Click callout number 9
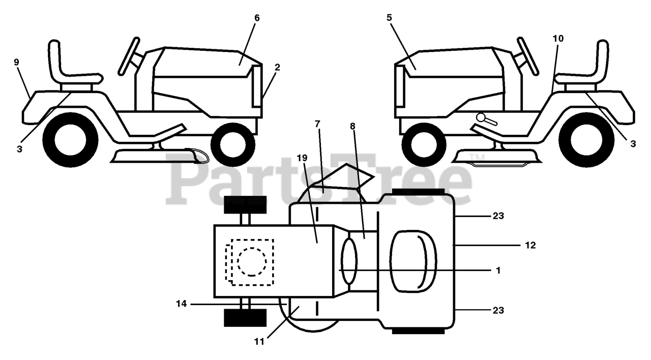click(x=17, y=62)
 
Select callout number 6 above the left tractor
click(x=257, y=18)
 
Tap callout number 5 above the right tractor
click(x=389, y=18)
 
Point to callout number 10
click(x=558, y=38)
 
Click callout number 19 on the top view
click(x=302, y=158)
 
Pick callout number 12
click(x=530, y=245)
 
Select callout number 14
click(x=182, y=304)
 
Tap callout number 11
click(x=259, y=342)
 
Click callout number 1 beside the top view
click(x=498, y=271)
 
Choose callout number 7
click(x=317, y=124)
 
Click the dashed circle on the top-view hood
click(x=251, y=261)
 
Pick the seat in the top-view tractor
click(x=413, y=261)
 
